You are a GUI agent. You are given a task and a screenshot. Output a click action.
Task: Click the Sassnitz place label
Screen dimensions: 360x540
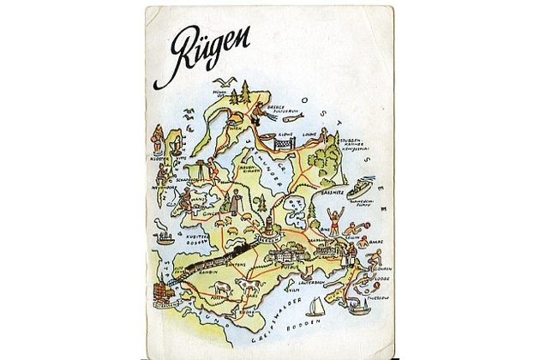[334, 195]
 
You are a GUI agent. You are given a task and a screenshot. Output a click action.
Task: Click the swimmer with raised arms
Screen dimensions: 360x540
[331, 226]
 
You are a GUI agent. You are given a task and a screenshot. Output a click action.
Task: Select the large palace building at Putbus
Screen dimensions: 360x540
[287, 255]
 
